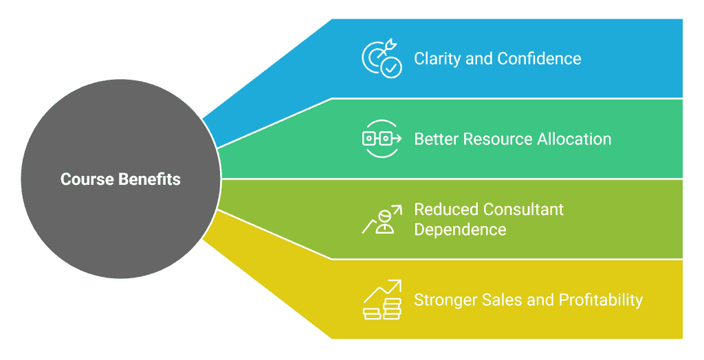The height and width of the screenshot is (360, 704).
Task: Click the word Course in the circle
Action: point(87,179)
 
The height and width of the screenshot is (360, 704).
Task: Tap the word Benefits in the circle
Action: point(149,179)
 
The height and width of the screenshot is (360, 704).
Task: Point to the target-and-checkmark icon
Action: point(382,59)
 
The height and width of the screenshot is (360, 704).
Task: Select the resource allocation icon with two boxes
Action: point(382,139)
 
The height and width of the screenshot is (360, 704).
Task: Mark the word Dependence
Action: point(460,229)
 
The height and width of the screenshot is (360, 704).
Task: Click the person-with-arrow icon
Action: point(382,219)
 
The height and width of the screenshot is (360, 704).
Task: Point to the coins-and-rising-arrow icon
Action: point(382,300)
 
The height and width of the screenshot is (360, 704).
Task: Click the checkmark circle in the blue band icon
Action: point(391,68)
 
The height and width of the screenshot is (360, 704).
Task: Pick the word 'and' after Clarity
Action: point(479,59)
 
